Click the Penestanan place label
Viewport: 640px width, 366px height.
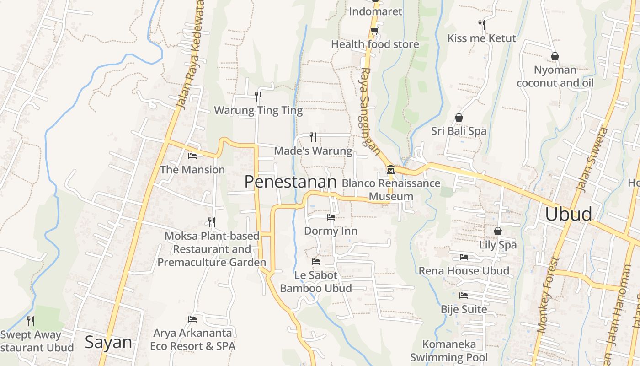coord(290,182)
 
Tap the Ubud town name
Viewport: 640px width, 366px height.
coord(568,214)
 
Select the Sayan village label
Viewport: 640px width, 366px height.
coord(108,342)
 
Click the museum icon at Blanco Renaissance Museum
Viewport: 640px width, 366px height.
coord(391,170)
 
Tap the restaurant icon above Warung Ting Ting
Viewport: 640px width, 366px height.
coord(258,96)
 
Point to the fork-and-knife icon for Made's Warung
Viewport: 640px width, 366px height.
coord(313,136)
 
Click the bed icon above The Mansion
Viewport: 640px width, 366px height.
coord(192,156)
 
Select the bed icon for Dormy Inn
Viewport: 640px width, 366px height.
coord(331,217)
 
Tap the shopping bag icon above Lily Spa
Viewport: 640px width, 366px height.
coord(497,231)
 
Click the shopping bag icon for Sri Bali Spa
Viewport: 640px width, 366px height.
coord(459,118)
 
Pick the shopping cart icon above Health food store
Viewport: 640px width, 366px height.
coord(374,31)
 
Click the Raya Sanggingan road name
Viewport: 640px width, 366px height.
coord(369,112)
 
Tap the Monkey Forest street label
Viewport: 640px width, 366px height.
coord(549,295)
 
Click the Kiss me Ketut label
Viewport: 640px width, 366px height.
coord(481,38)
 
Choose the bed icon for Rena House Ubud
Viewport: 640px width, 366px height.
coord(464,257)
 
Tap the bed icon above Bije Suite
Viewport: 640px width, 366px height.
coord(464,296)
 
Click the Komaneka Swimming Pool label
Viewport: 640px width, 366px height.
coord(449,350)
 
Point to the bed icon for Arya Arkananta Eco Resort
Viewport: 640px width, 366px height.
coord(192,319)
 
